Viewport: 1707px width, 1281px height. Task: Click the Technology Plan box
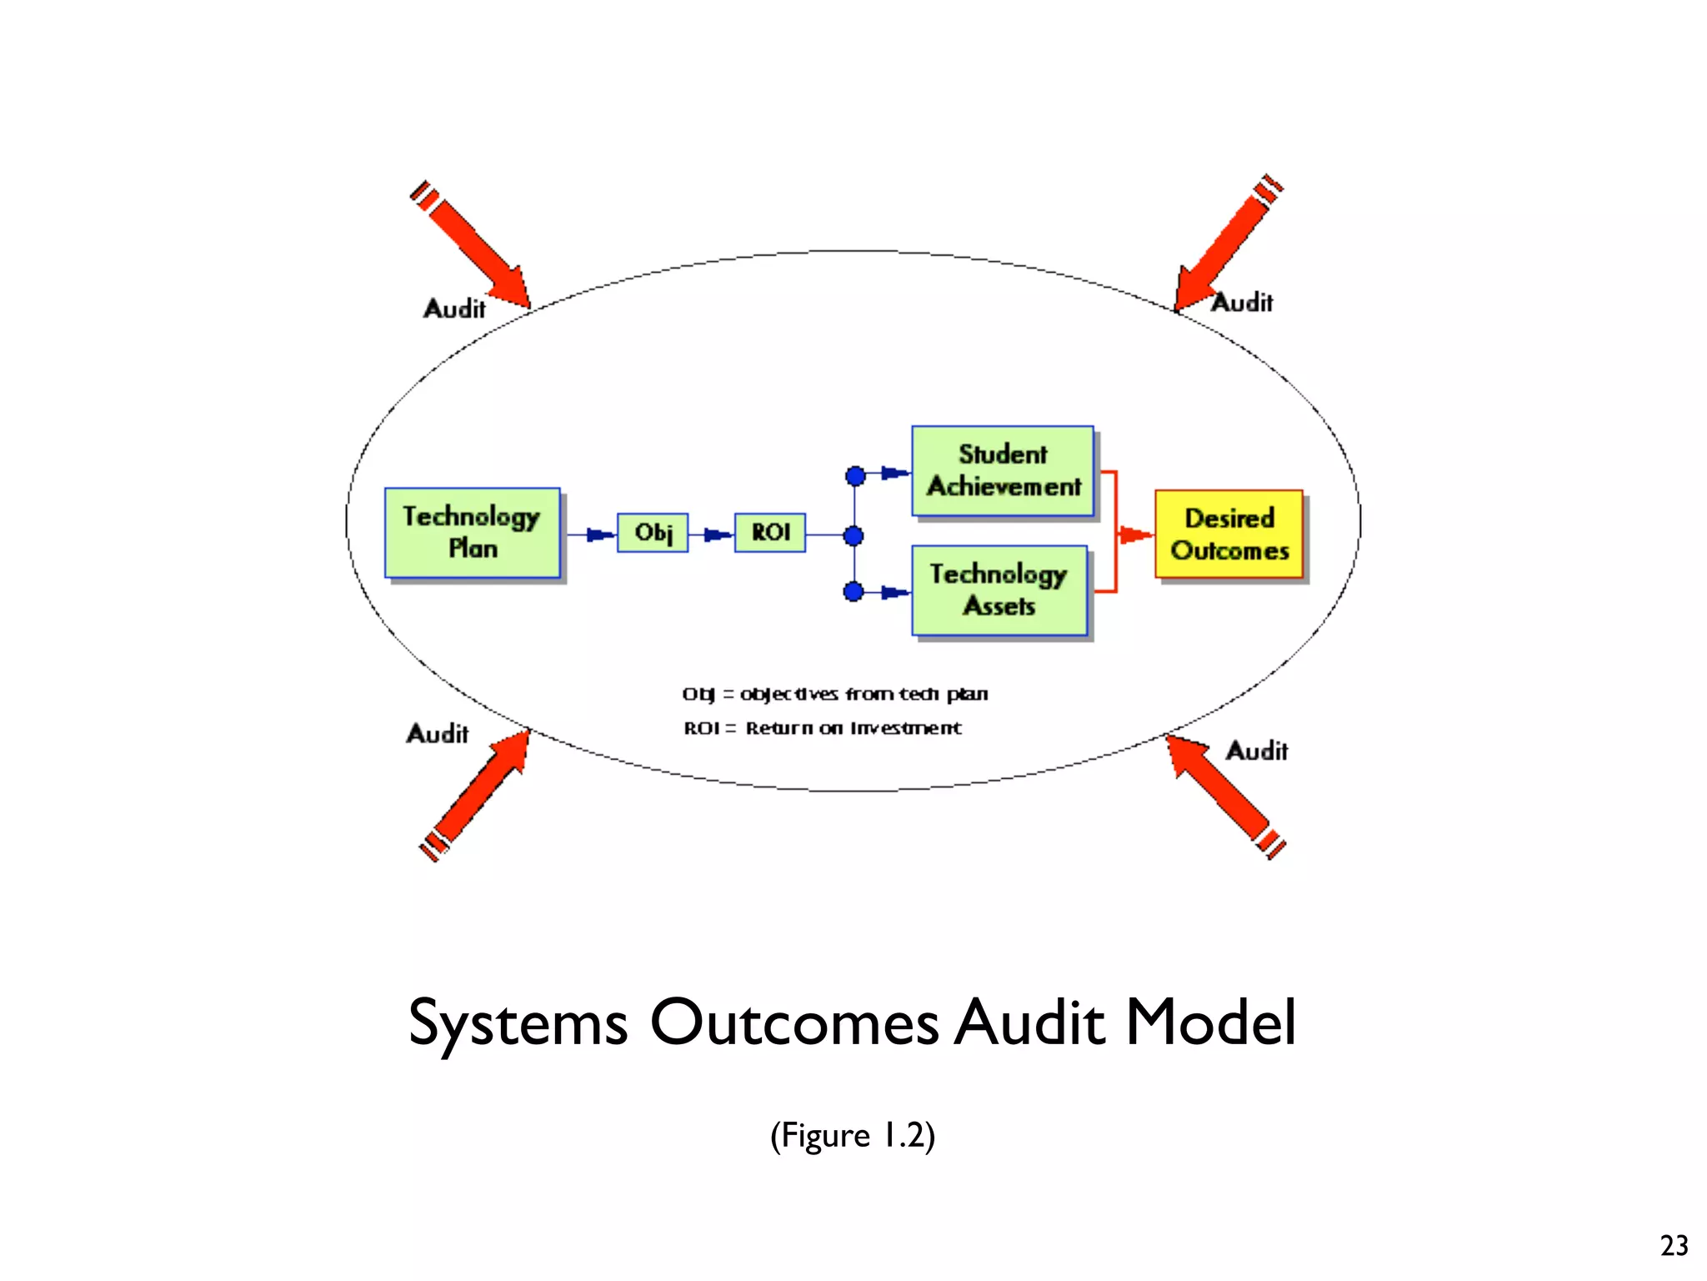click(472, 532)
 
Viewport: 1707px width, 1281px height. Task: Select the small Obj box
click(653, 532)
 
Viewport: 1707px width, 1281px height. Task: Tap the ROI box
click(770, 532)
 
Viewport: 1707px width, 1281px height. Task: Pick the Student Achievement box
click(1003, 471)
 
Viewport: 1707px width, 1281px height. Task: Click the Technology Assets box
click(999, 590)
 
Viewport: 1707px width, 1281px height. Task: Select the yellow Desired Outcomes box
click(1229, 534)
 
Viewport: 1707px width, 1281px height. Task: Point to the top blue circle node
click(855, 476)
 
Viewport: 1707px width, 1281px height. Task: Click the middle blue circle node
click(853, 535)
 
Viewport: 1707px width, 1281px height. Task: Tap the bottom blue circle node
click(853, 592)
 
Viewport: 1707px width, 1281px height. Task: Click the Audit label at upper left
click(454, 309)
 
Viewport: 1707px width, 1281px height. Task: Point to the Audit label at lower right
click(1256, 751)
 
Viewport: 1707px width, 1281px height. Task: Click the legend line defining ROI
click(822, 728)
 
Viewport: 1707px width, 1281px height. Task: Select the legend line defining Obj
click(834, 694)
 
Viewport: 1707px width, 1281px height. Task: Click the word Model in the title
click(1210, 1022)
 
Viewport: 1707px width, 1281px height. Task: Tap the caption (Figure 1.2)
click(852, 1136)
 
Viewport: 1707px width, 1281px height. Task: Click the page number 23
click(1674, 1245)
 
